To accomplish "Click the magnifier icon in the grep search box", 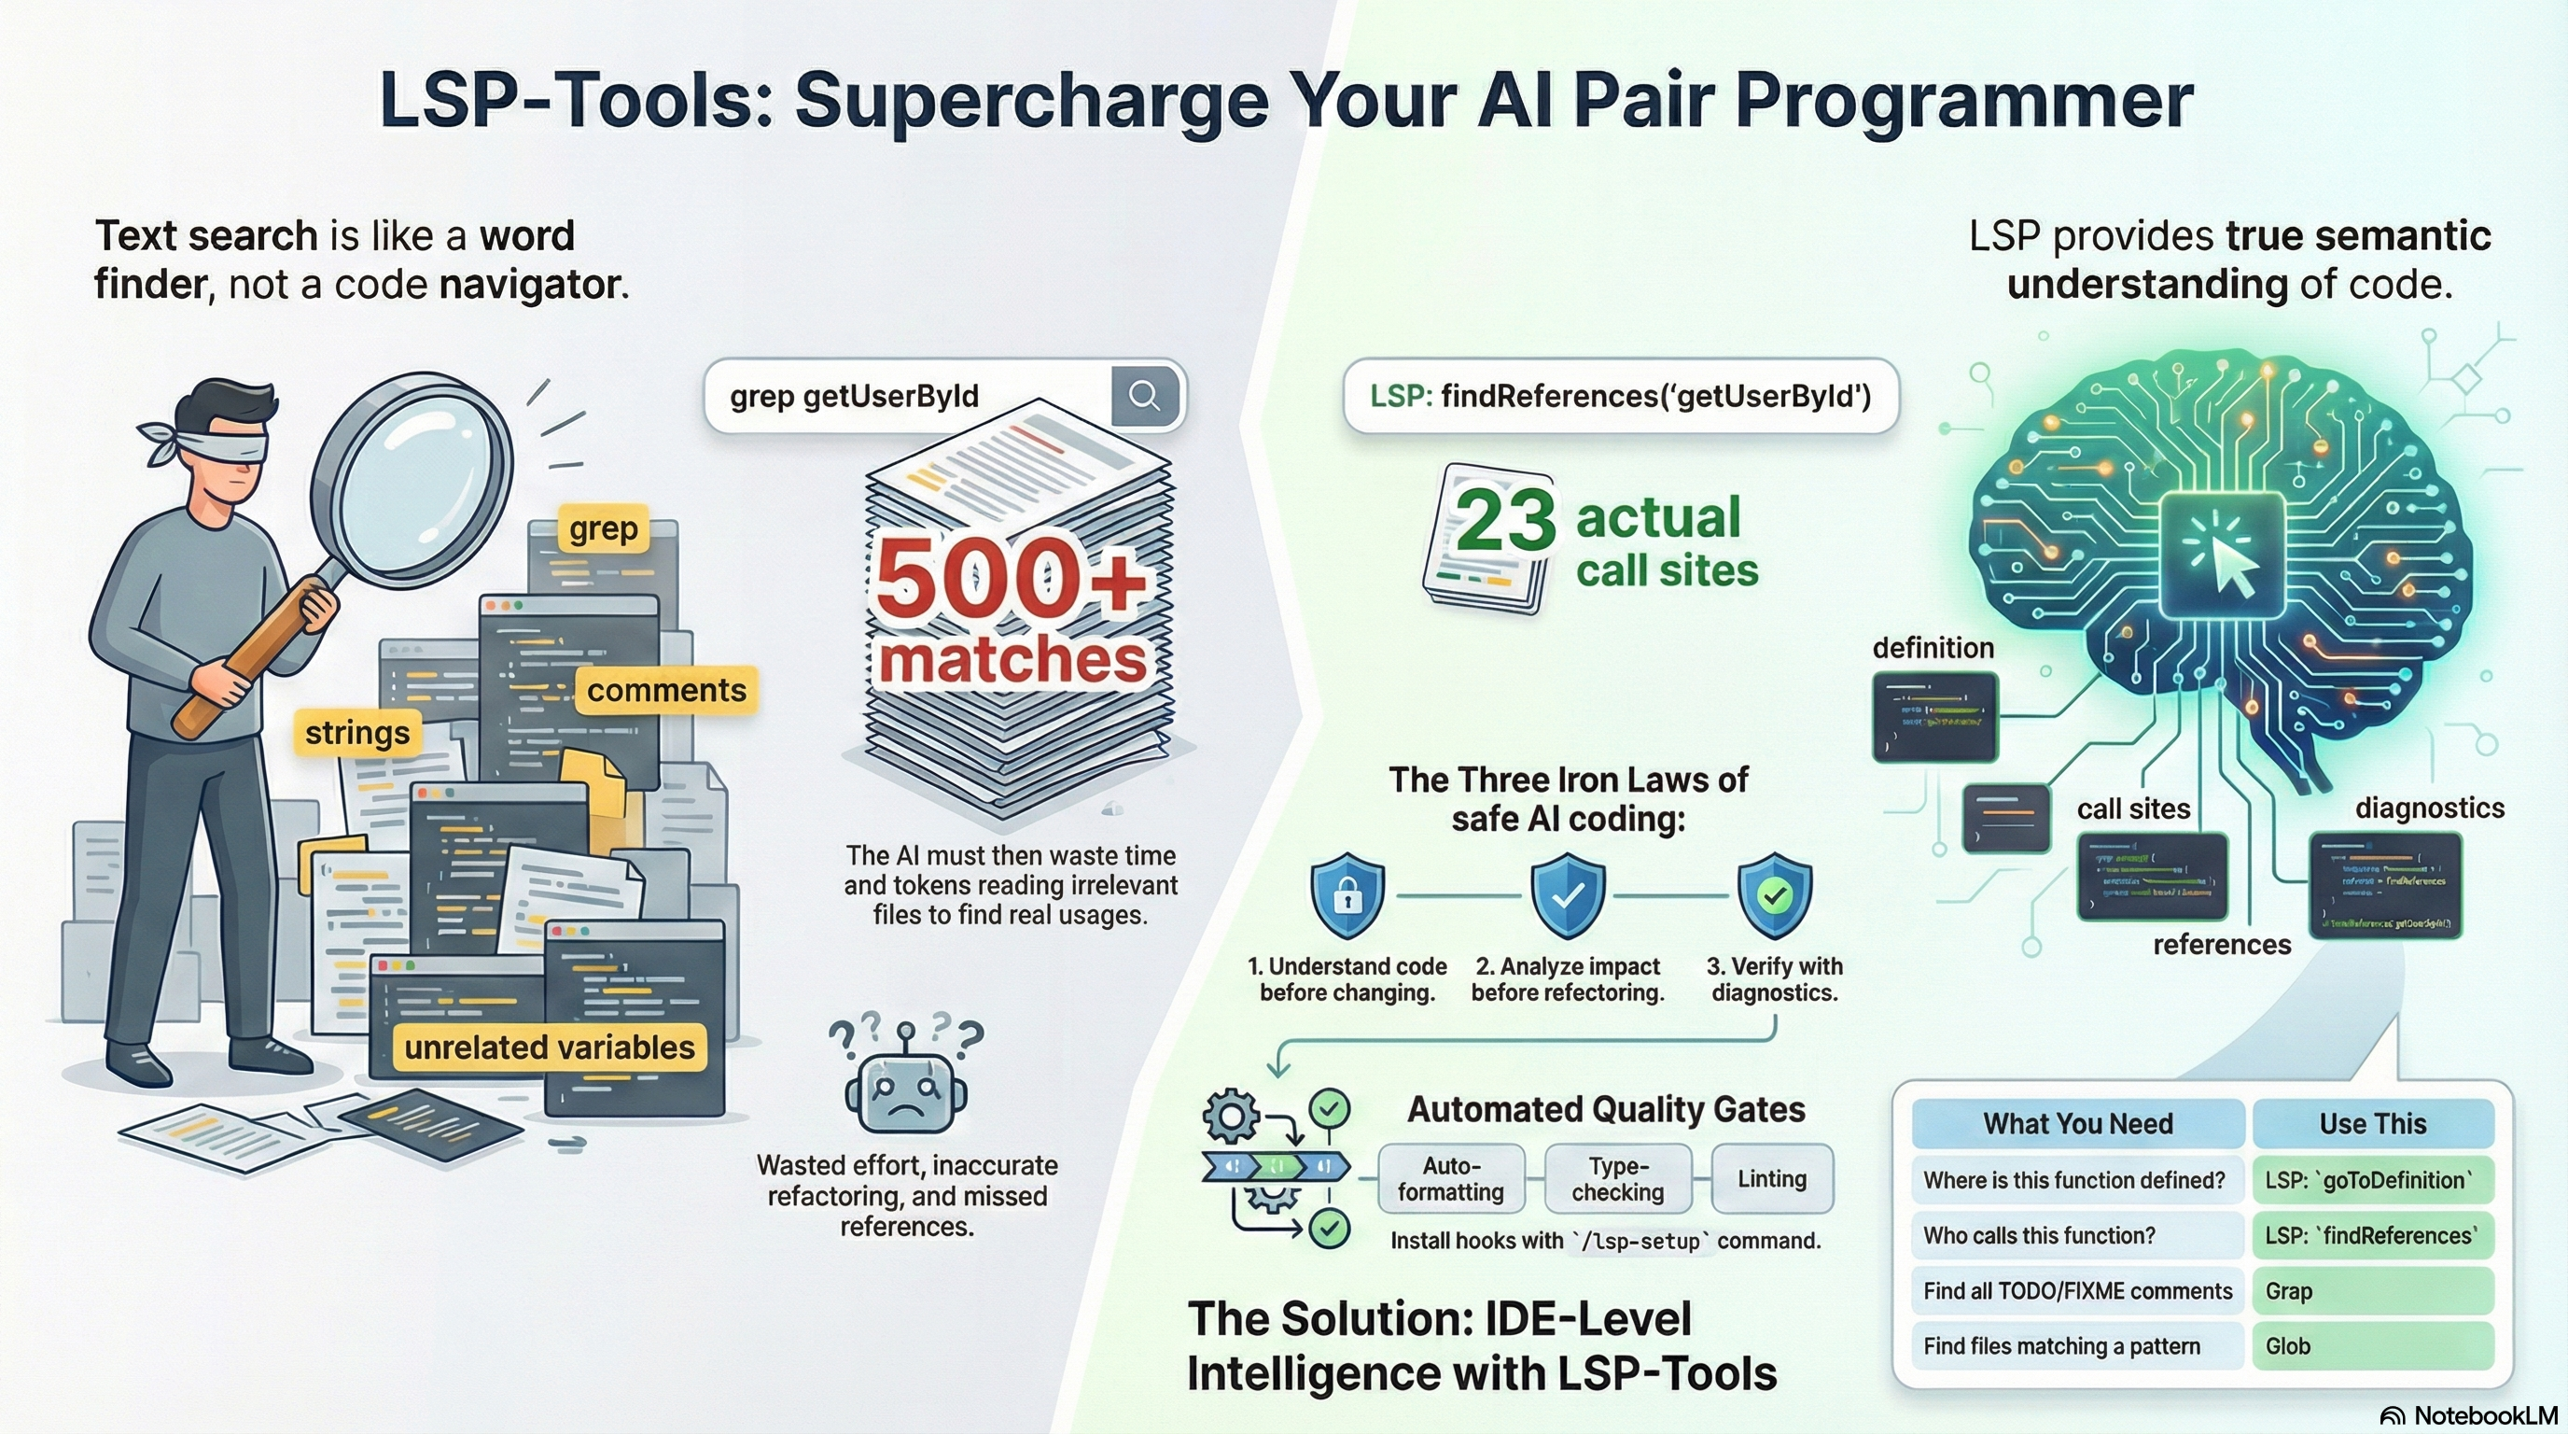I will [1144, 396].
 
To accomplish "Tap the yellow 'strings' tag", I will [356, 733].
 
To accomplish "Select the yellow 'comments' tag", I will [666, 690].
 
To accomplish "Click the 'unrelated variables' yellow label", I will [550, 1047].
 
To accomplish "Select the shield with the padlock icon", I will [1347, 894].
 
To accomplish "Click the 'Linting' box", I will [1771, 1179].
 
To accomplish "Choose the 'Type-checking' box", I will [1617, 1179].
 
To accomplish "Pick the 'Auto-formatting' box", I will [1450, 1179].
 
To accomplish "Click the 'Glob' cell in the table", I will [2373, 1346].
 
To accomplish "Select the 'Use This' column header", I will [2373, 1124].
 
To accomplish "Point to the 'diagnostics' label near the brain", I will [2430, 808].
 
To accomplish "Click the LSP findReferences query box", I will [1620, 396].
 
